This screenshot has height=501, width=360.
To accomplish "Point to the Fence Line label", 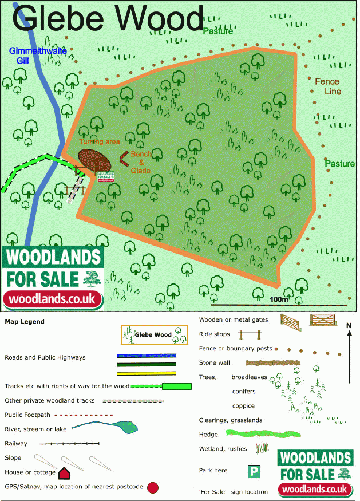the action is click(327, 86).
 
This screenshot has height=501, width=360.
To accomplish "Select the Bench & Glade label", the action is click(141, 163).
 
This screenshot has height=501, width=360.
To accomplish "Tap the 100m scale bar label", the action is click(278, 299).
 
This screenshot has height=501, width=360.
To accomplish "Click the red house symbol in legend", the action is click(64, 473).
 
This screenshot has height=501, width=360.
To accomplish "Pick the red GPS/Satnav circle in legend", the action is click(152, 488).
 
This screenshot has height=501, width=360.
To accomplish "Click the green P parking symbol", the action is click(254, 471).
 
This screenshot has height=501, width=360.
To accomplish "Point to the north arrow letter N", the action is click(349, 326).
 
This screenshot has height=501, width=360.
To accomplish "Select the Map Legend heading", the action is click(25, 322).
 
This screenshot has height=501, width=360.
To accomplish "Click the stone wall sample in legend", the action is click(271, 363).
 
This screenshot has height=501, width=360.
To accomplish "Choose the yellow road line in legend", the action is click(147, 373).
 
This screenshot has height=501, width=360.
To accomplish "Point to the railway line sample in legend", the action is click(69, 444).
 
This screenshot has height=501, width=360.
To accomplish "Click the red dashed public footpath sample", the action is click(86, 415).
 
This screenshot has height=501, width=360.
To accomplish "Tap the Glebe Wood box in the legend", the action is click(154, 335).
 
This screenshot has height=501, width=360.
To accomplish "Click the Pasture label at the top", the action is click(217, 31).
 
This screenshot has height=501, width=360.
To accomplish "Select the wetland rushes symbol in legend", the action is click(262, 448).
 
